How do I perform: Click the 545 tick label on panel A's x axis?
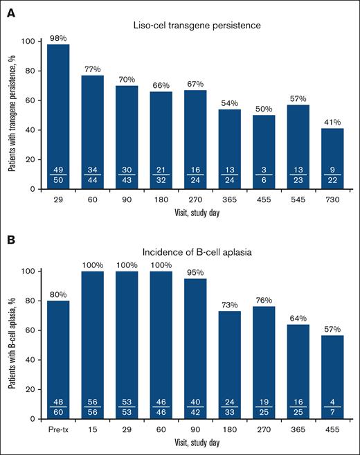coord(295,198)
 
